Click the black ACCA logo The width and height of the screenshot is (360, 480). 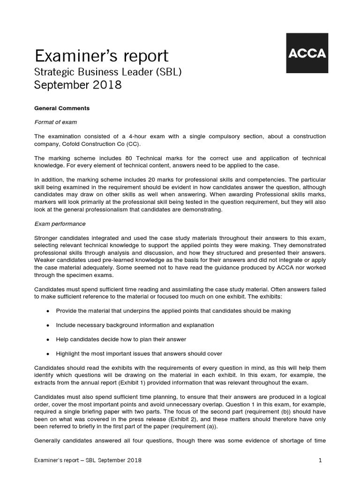306,53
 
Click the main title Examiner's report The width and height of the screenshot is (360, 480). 101,56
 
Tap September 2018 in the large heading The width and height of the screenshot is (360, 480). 78,85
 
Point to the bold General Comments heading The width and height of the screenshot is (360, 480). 62,108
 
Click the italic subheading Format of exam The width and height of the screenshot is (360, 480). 56,122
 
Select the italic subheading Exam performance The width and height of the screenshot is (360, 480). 60,224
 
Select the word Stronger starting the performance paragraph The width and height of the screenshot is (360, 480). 47,238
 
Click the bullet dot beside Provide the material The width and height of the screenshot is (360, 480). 48,311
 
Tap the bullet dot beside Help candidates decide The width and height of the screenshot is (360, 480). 48,339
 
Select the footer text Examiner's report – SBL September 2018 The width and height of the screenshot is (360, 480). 88,460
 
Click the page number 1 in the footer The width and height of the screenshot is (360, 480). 320,460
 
